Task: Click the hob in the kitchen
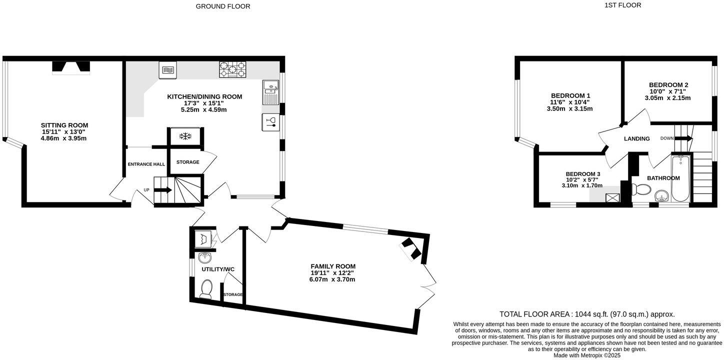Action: click(x=232, y=69)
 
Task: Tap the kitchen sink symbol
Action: click(x=270, y=92)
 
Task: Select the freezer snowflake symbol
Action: click(x=185, y=136)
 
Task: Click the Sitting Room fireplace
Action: click(x=71, y=67)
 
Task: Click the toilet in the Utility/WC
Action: click(x=206, y=289)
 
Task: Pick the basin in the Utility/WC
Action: click(x=205, y=258)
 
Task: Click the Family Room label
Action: click(x=333, y=266)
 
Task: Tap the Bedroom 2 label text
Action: click(x=668, y=85)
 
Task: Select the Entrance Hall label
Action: click(x=146, y=164)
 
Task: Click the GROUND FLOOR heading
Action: click(x=223, y=6)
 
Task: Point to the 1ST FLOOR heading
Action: click(x=622, y=5)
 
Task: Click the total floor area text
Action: click(x=587, y=314)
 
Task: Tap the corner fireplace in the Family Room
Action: click(x=412, y=248)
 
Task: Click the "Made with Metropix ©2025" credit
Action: click(x=587, y=355)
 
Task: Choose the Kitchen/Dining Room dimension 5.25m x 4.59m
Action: click(x=204, y=109)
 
